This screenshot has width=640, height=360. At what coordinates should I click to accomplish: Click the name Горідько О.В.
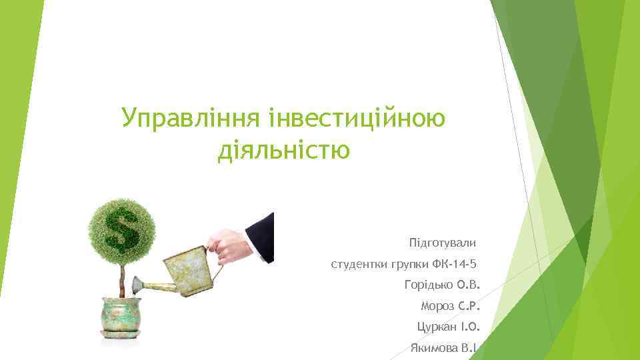pos(441,285)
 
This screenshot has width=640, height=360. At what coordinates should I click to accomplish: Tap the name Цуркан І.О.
pos(447,327)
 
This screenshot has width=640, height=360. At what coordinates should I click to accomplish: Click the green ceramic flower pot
pos(123,313)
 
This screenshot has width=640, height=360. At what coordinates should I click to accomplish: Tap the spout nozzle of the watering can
pos(137,286)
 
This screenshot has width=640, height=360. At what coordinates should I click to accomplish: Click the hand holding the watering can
pos(227,246)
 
